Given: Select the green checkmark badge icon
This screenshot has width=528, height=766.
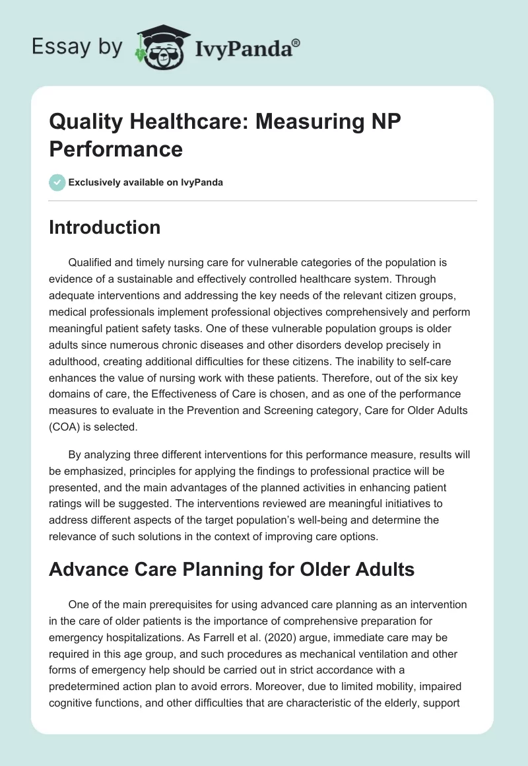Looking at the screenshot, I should tap(57, 183).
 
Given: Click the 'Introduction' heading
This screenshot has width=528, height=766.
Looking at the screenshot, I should tap(104, 227).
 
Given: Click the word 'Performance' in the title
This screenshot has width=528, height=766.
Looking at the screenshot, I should tap(115, 149).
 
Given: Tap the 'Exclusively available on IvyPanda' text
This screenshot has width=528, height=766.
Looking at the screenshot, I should tap(147, 183).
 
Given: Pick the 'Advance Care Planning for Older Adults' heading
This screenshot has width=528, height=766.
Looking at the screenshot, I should tap(232, 569).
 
